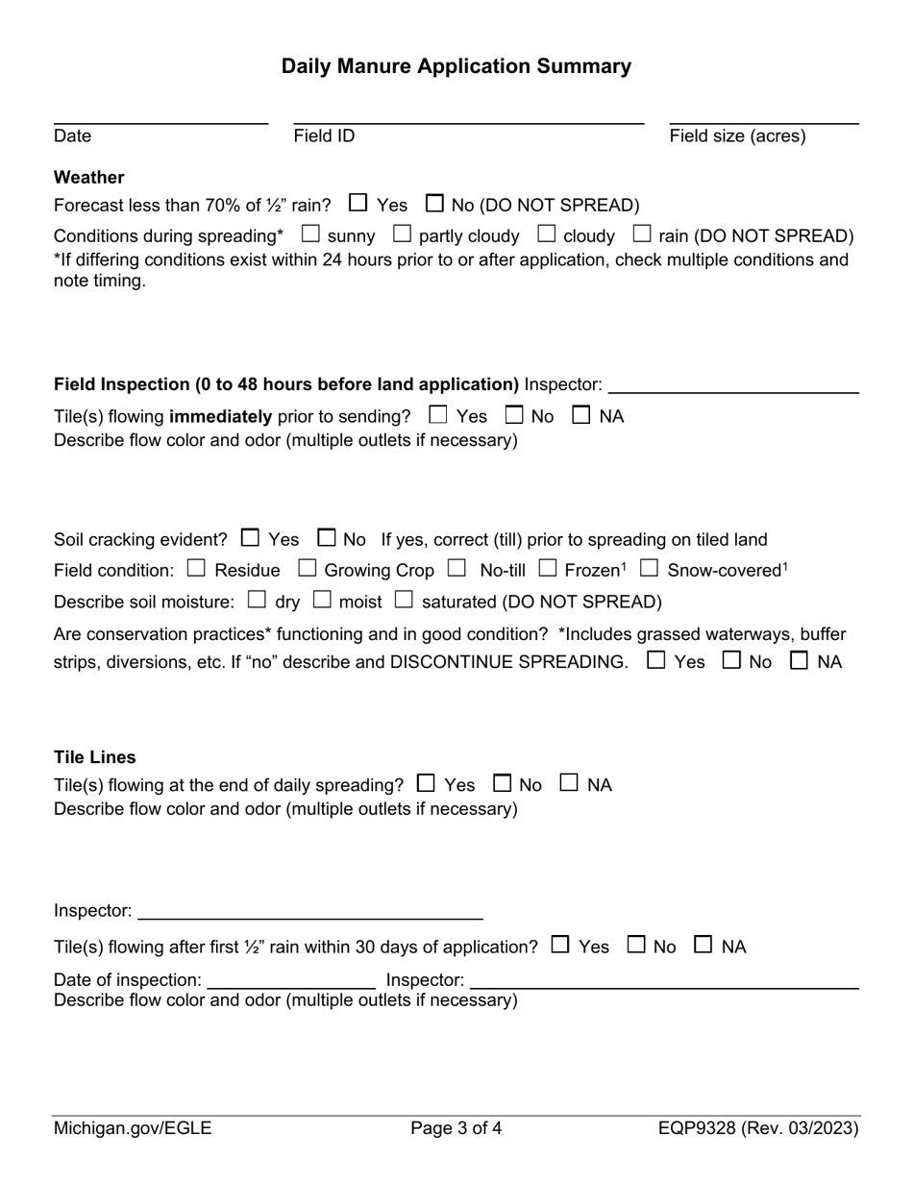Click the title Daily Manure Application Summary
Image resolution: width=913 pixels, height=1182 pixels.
click(x=456, y=66)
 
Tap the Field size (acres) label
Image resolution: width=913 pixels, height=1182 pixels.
click(x=737, y=136)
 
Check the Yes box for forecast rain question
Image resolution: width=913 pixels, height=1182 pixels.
click(x=358, y=204)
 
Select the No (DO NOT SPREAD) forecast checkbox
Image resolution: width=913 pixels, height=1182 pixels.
click(x=434, y=204)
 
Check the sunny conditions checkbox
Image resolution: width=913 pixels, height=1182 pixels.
click(x=310, y=234)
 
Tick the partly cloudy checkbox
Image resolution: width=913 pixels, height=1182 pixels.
click(x=402, y=234)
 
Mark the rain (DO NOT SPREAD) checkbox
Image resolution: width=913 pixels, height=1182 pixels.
click(x=642, y=234)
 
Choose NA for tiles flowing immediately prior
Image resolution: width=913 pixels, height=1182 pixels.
click(x=581, y=415)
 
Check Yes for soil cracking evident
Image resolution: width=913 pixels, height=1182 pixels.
click(x=250, y=538)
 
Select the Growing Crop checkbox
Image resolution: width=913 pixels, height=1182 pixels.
click(x=308, y=569)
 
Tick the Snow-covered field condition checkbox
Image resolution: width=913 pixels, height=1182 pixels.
click(x=650, y=569)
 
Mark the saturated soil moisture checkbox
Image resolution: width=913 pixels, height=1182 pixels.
click(x=405, y=601)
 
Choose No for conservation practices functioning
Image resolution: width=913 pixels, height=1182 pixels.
click(x=731, y=661)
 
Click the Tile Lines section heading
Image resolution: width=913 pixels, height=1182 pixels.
click(x=94, y=757)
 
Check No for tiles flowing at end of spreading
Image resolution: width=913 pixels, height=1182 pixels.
click(x=502, y=783)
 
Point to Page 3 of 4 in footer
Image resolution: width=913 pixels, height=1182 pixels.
click(x=456, y=1128)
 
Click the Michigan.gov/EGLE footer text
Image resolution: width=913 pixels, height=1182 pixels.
click(x=133, y=1128)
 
